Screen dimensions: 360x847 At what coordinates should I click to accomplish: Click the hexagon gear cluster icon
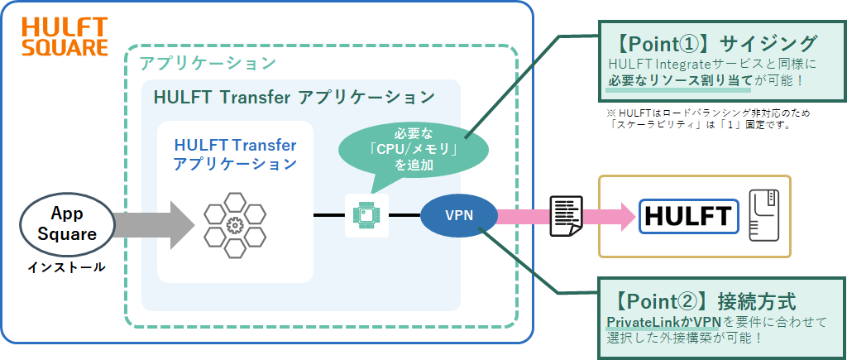(235, 223)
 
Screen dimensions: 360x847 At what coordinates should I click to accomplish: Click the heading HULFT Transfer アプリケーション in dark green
(294, 96)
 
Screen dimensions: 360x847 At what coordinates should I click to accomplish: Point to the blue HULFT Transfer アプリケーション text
(235, 154)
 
